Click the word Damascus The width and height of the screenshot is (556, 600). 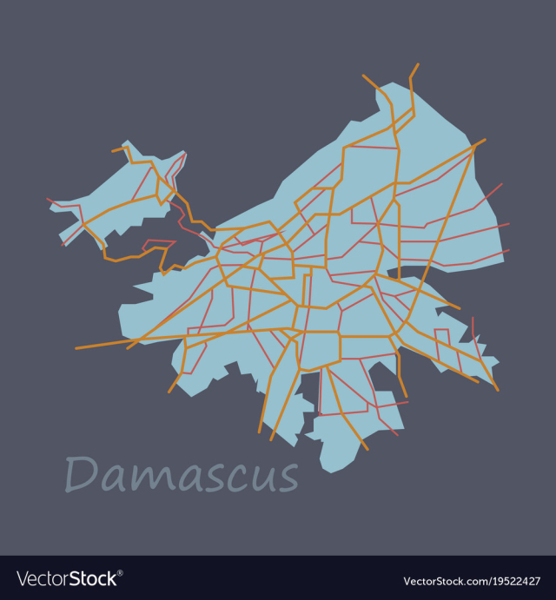pos(182,475)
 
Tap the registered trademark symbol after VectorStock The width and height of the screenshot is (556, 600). pos(120,573)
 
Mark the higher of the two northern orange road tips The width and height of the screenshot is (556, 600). pos(418,63)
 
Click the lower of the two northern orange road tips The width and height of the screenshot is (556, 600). pos(363,76)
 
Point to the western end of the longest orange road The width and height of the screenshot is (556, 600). pos(76,348)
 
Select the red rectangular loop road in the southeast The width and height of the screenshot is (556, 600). pos(442,343)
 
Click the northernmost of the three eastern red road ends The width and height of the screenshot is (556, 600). pos(502,183)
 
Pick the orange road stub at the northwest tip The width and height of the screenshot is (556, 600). pos(113,151)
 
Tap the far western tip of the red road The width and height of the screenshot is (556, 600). pos(47,199)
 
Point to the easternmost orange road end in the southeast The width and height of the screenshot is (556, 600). pos(498,390)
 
